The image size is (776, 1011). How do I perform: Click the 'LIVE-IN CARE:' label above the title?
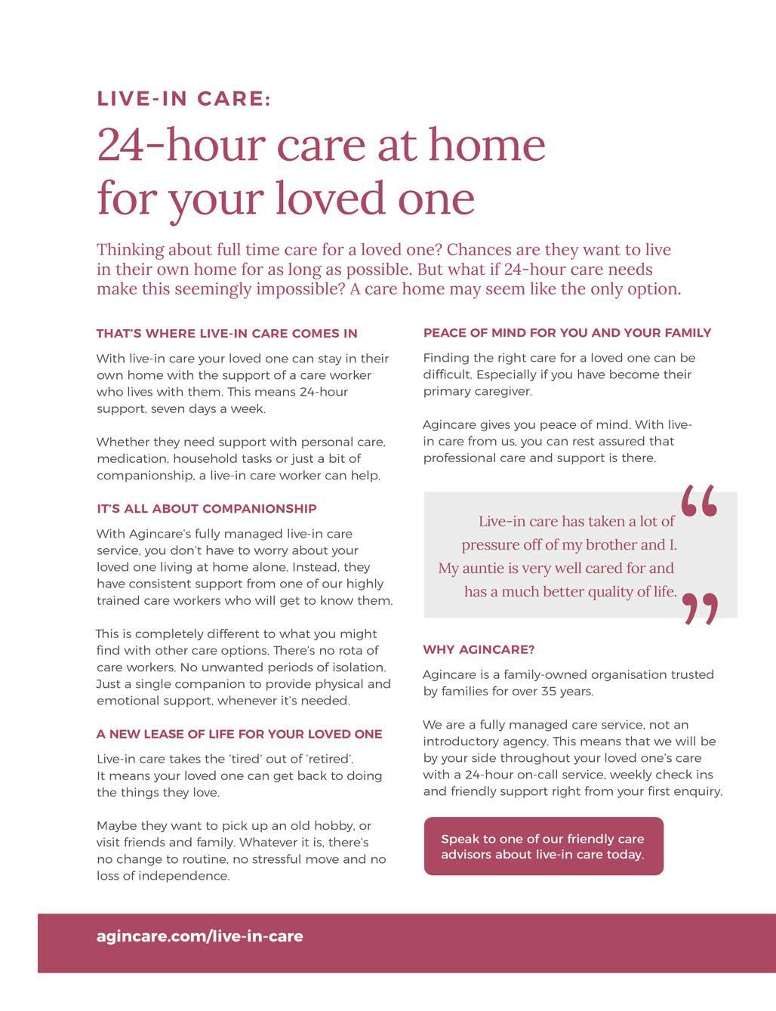point(183,99)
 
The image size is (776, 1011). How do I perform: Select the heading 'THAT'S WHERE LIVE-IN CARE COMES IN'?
point(226,333)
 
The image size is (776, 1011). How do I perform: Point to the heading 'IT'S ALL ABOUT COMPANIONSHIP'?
point(206,508)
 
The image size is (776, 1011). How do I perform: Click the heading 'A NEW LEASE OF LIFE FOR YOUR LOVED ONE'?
point(239,734)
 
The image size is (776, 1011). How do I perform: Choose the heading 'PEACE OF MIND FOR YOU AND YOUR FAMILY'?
point(567,332)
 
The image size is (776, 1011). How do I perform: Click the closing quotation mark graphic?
point(700,609)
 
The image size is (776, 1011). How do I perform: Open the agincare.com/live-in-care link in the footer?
point(200,936)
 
